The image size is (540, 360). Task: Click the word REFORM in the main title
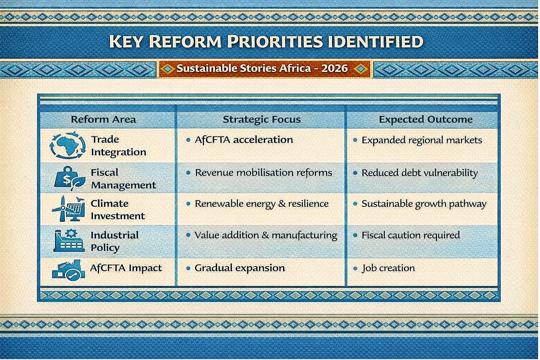click(x=185, y=41)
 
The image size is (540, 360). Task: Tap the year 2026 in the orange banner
click(x=334, y=68)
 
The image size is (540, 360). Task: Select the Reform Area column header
click(x=103, y=119)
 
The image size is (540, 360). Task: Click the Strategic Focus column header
click(x=261, y=119)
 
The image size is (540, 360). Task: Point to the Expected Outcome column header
click(x=426, y=119)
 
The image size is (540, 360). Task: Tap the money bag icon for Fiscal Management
click(x=69, y=178)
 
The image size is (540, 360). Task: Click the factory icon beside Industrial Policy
click(x=69, y=241)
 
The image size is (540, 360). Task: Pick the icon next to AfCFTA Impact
click(x=68, y=271)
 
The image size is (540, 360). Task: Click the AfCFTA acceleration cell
click(x=244, y=140)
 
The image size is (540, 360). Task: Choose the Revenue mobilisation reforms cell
click(x=263, y=173)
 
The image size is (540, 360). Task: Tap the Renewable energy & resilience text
click(x=261, y=204)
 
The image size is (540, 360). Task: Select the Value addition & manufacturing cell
click(x=266, y=235)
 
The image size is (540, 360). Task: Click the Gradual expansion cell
click(x=240, y=268)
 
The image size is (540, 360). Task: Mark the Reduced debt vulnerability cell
click(x=420, y=173)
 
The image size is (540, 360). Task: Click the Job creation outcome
click(x=388, y=268)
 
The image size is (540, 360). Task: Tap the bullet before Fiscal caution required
click(x=355, y=235)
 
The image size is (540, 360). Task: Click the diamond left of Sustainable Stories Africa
click(x=168, y=69)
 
